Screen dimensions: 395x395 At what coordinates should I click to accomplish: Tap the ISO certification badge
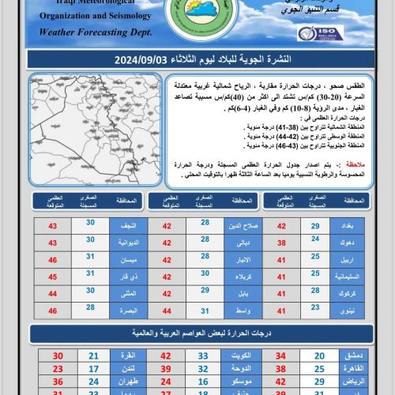point(320,33)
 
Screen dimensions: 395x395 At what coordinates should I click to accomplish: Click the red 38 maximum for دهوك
point(280,243)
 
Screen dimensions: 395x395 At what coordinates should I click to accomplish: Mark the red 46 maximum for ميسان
point(53,259)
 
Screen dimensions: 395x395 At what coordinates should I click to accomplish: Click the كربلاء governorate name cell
point(238,276)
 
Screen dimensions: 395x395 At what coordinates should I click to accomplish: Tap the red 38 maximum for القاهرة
point(280,368)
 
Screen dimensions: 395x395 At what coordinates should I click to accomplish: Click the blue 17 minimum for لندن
point(94,368)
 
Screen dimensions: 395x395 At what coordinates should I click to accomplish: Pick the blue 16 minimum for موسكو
point(203,381)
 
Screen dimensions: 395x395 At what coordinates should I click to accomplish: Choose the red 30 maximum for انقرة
point(58,356)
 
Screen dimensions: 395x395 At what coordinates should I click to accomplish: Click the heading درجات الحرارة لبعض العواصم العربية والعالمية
point(197,333)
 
